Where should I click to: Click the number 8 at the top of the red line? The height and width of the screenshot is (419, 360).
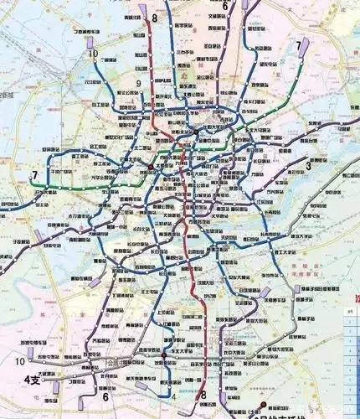point(154,17)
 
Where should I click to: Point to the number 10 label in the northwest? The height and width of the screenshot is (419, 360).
point(93,53)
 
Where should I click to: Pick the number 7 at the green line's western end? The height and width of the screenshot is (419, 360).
point(34,176)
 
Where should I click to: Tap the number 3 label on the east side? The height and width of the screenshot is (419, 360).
point(308,166)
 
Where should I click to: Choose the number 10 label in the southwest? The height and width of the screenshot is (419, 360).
point(19,361)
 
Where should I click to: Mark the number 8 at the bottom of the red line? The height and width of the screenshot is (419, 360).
point(203,395)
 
